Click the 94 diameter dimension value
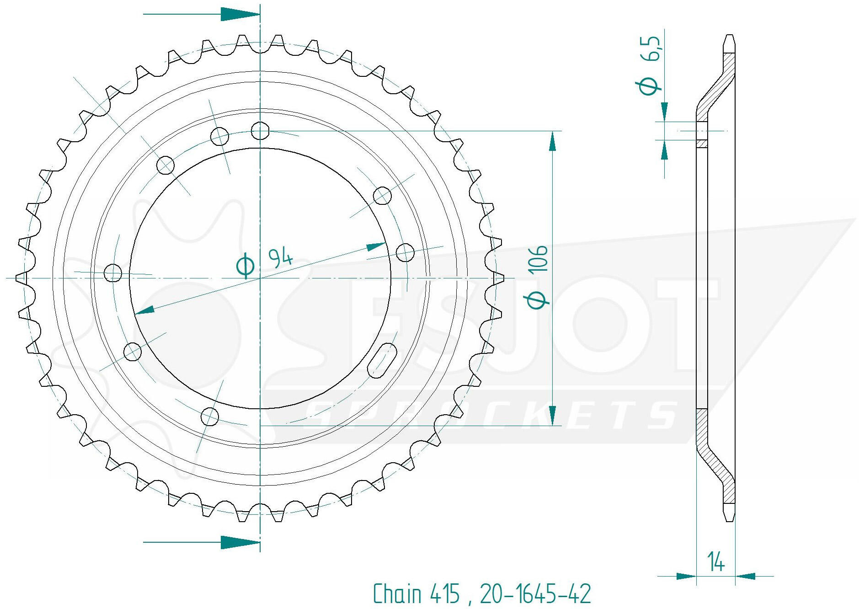(280, 257)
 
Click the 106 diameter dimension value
(538, 259)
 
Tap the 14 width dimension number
(715, 561)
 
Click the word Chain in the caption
(397, 594)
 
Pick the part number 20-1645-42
(535, 594)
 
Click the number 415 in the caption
(444, 594)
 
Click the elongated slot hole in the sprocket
(382, 361)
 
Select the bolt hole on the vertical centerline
(260, 131)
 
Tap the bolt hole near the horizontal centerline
(113, 273)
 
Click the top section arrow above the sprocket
(202, 14)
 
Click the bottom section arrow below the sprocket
(202, 543)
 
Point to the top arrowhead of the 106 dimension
(553, 141)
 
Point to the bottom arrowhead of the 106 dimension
(553, 416)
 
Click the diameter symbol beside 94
(245, 265)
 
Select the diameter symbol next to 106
(538, 299)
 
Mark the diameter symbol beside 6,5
(648, 85)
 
